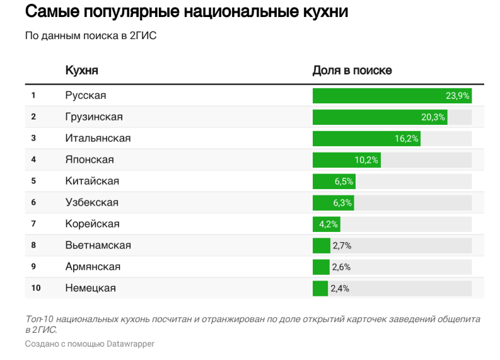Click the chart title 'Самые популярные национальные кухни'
click(x=186, y=13)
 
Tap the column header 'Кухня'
click(x=81, y=70)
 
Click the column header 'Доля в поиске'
click(x=352, y=70)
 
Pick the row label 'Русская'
click(x=86, y=95)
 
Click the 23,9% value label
click(x=457, y=96)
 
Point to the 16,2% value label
click(x=407, y=139)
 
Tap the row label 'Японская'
click(x=90, y=160)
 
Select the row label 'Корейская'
click(x=92, y=224)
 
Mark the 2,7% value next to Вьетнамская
click(x=340, y=245)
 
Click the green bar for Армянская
click(x=321, y=267)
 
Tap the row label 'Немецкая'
click(x=90, y=288)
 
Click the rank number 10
click(x=36, y=288)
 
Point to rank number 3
click(x=33, y=138)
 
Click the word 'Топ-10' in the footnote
click(x=38, y=320)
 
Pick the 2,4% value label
click(x=340, y=288)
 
